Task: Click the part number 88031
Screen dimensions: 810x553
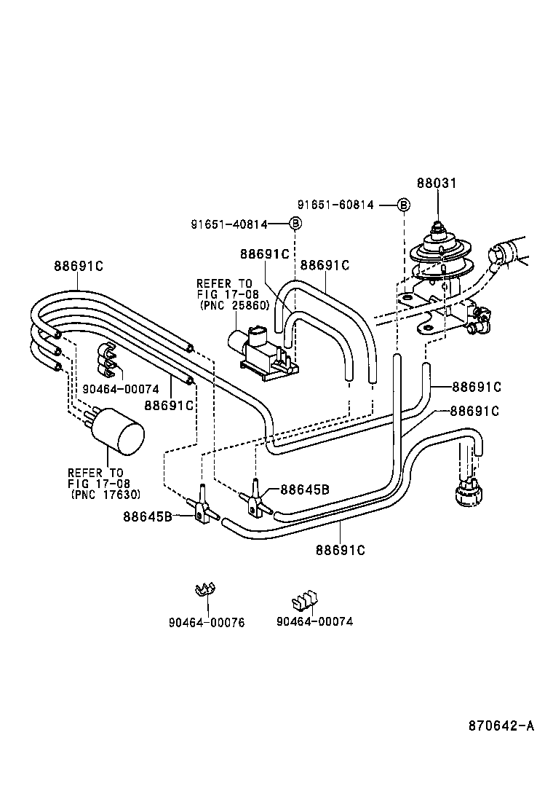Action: point(437,183)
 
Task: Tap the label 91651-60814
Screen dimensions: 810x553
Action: point(335,205)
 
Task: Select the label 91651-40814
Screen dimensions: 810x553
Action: point(229,224)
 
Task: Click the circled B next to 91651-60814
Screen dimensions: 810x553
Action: point(403,205)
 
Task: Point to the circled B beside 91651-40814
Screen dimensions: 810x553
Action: point(295,224)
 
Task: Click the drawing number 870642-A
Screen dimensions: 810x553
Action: point(501,726)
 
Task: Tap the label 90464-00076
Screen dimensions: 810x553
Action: point(207,622)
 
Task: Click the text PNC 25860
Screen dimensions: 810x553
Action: point(234,305)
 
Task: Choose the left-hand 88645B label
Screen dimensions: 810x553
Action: point(148,516)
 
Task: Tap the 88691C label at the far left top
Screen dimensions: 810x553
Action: point(78,267)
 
